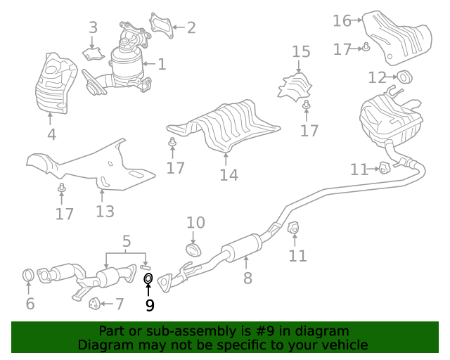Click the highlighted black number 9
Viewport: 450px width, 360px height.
(x=150, y=305)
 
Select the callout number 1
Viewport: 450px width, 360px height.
(x=162, y=64)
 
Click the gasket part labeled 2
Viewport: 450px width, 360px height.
(x=161, y=25)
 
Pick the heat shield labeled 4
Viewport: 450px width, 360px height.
(x=56, y=83)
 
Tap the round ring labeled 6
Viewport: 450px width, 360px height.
(x=28, y=275)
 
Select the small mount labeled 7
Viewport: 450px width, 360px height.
(x=94, y=304)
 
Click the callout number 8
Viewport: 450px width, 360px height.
(x=247, y=278)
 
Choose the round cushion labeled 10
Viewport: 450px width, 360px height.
(x=194, y=249)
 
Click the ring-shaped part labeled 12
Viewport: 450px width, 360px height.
(x=405, y=77)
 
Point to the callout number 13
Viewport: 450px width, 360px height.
(x=105, y=212)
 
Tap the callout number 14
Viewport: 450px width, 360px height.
(x=229, y=175)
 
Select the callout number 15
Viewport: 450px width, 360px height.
(x=301, y=51)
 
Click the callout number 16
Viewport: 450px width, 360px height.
(x=342, y=20)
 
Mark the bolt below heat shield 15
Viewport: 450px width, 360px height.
(x=307, y=105)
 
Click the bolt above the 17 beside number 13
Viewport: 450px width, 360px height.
(x=61, y=188)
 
